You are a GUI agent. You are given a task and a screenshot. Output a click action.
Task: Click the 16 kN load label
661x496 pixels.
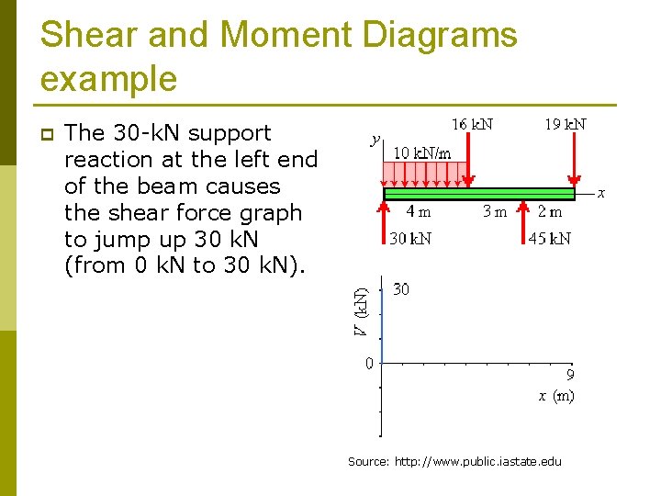pyautogui.click(x=472, y=124)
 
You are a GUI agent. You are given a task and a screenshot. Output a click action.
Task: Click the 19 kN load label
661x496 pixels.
pyautogui.click(x=566, y=124)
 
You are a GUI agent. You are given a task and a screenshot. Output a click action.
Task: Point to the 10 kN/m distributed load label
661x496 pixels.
pyautogui.click(x=422, y=152)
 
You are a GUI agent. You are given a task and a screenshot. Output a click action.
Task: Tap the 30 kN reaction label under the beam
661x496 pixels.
pyautogui.click(x=410, y=239)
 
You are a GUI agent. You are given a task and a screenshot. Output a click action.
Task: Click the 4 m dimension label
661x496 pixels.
pyautogui.click(x=418, y=211)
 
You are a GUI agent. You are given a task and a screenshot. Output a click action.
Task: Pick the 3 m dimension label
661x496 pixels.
pyautogui.click(x=495, y=211)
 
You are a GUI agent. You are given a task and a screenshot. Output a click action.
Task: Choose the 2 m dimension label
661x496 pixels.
pyautogui.click(x=551, y=211)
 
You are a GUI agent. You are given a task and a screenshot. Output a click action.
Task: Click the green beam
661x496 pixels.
pyautogui.click(x=477, y=194)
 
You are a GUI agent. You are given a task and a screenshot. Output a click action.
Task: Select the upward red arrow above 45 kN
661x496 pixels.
pyautogui.click(x=522, y=219)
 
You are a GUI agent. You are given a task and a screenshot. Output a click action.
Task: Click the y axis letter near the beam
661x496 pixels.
pyautogui.click(x=375, y=140)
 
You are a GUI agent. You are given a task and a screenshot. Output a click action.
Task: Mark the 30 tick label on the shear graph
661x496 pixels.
pyautogui.click(x=401, y=289)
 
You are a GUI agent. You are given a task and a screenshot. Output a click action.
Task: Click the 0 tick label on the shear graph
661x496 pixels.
pyautogui.click(x=369, y=363)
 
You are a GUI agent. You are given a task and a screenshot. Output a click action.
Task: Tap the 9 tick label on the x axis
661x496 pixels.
pyautogui.click(x=569, y=375)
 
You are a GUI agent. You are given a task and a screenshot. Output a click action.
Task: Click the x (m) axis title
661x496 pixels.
pyautogui.click(x=556, y=396)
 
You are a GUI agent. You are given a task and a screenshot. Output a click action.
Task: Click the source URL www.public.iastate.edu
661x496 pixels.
pyautogui.click(x=477, y=461)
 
